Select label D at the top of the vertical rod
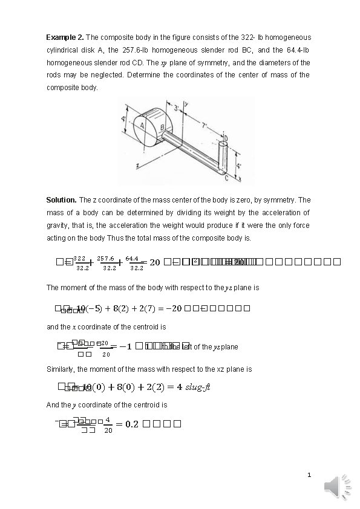[x=226, y=138]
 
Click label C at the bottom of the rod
[x=225, y=178]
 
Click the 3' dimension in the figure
[x=176, y=109]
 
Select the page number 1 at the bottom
[x=309, y=476]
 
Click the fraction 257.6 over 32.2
[x=109, y=262]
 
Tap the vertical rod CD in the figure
[x=221, y=158]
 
